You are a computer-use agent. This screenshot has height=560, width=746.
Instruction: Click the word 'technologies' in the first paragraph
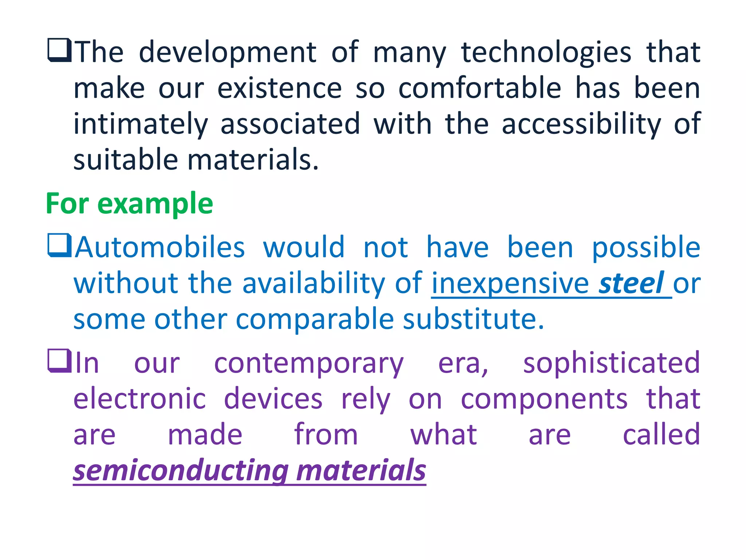coord(546,53)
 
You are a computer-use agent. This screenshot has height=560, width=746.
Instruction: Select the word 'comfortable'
coord(480,88)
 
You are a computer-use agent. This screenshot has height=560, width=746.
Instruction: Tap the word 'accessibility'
coord(581,124)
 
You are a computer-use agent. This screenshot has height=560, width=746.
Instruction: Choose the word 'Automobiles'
coord(160,247)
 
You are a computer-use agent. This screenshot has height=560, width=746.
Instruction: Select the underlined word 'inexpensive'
coord(510,283)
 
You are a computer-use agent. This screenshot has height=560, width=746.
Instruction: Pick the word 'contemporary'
coord(309,364)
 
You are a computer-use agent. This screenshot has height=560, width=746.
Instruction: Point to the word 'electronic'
coord(140,398)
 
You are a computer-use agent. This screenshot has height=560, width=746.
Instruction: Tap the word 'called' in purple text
coord(661,435)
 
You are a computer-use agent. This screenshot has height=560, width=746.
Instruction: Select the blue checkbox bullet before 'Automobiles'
coord(59,245)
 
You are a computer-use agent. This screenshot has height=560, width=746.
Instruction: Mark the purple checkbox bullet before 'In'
coord(59,361)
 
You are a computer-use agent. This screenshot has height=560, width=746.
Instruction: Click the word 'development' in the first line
coord(228,53)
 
